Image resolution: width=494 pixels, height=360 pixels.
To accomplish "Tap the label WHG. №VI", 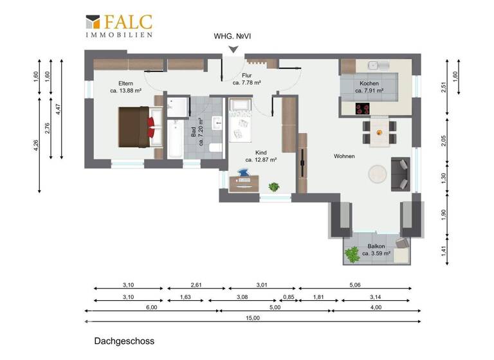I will pyautogui.click(x=232, y=37).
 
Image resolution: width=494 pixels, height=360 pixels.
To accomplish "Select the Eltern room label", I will pyautogui.click(x=125, y=84).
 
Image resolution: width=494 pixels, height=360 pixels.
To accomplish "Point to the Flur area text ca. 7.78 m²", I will pyautogui.click(x=246, y=83).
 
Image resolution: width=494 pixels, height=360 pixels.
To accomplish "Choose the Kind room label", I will pyautogui.click(x=261, y=152).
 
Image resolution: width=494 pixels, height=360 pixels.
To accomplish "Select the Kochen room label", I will pyautogui.click(x=369, y=84).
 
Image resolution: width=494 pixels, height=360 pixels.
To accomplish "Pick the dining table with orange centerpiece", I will pyautogui.click(x=380, y=133).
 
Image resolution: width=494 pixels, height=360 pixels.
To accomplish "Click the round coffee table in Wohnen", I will pyautogui.click(x=376, y=173).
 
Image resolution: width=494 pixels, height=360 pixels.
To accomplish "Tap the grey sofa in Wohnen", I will pyautogui.click(x=401, y=173).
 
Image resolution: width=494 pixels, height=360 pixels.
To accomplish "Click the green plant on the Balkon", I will pyautogui.click(x=352, y=255).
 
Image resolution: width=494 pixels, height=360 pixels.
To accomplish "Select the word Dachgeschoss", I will pyautogui.click(x=123, y=341).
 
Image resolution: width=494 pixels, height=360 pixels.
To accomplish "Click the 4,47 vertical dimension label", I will pyautogui.click(x=58, y=109).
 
